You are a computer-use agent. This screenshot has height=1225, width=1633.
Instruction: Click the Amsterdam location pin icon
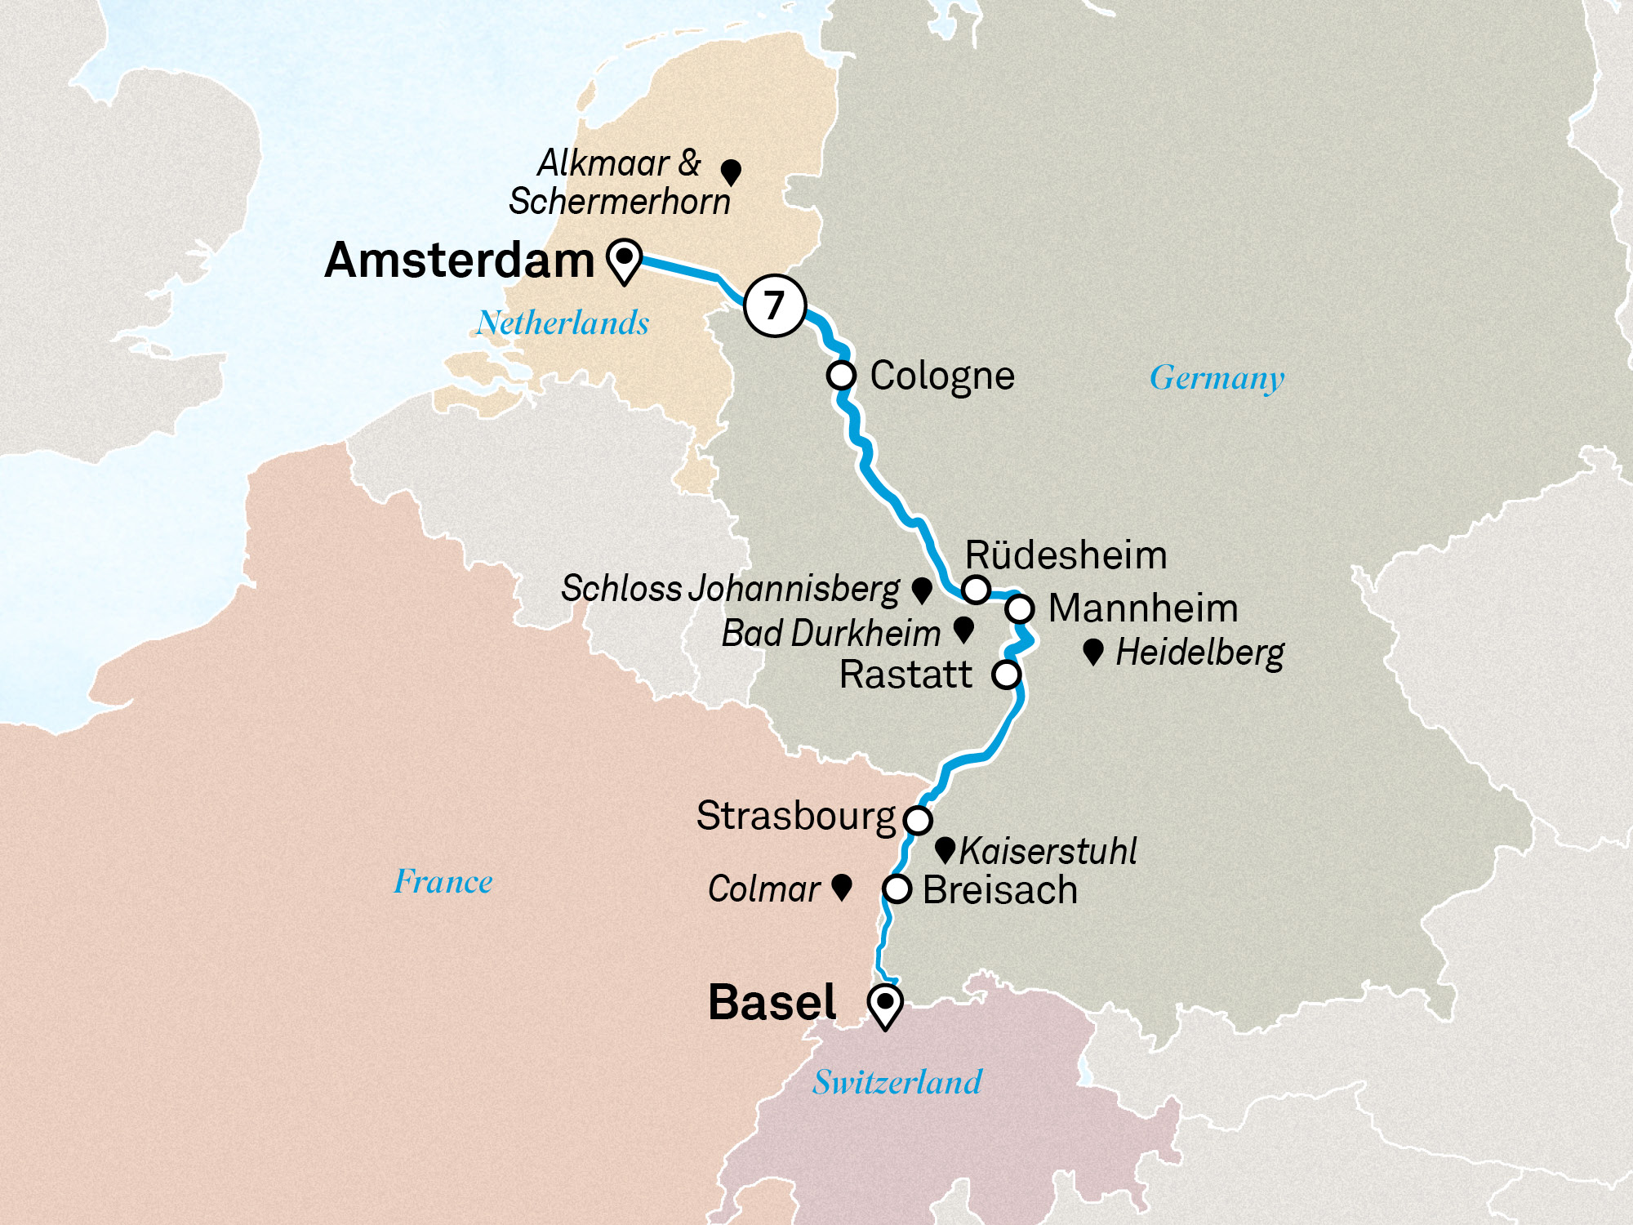(x=624, y=261)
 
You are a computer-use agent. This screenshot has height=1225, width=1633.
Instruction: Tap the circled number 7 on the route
(x=775, y=305)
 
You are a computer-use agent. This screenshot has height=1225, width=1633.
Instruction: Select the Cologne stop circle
(x=841, y=376)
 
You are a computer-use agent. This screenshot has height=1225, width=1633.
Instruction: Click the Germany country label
(x=1217, y=378)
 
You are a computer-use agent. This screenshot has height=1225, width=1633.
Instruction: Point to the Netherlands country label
(x=563, y=323)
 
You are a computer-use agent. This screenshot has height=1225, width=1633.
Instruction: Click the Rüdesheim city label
(x=1066, y=556)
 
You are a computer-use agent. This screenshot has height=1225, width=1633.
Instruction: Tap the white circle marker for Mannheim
(x=1020, y=608)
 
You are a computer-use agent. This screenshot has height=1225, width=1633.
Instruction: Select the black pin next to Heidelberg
(x=1092, y=652)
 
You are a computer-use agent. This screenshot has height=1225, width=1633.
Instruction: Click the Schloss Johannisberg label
(x=730, y=589)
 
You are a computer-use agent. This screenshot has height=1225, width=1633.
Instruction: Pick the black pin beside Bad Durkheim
(x=963, y=629)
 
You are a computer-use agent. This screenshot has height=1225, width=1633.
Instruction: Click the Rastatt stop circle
(x=1006, y=675)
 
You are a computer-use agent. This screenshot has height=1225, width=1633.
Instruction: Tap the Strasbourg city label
(x=796, y=816)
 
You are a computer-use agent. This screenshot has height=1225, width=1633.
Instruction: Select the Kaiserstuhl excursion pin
(x=945, y=849)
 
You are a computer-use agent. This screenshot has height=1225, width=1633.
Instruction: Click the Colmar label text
(x=763, y=889)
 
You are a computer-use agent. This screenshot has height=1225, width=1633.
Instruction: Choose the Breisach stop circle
(x=897, y=889)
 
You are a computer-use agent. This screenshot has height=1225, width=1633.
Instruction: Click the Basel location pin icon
(x=884, y=1004)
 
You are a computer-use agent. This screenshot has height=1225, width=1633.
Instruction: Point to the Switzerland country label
(x=897, y=1083)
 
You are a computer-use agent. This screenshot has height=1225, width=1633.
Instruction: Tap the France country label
(x=443, y=882)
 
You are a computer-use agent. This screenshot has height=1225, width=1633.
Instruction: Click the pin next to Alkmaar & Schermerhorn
(x=731, y=171)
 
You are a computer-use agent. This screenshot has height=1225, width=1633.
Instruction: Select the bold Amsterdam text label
(x=460, y=261)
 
